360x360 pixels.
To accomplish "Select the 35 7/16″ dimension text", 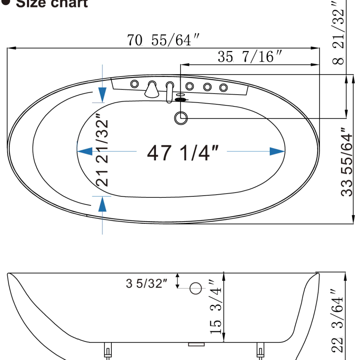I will tap(250, 57).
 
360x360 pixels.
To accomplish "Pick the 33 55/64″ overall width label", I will tap(347, 162).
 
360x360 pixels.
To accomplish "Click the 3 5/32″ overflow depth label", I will tap(146, 284).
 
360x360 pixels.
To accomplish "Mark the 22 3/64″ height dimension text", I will tap(338, 320).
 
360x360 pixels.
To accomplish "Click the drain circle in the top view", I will tap(181, 118).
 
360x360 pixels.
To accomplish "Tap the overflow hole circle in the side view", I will tap(196, 288).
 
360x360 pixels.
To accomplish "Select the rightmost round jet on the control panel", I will tap(223, 88).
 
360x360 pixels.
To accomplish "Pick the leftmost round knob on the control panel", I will tap(134, 84).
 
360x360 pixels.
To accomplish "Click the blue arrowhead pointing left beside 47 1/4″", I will tap(85, 151).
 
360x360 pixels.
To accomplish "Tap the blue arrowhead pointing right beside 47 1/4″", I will tap(277, 151).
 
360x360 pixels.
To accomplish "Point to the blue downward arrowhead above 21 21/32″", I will tap(102, 95).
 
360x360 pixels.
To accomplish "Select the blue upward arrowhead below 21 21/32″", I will tap(102, 204).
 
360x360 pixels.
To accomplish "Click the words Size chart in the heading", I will tap(52, 3).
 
